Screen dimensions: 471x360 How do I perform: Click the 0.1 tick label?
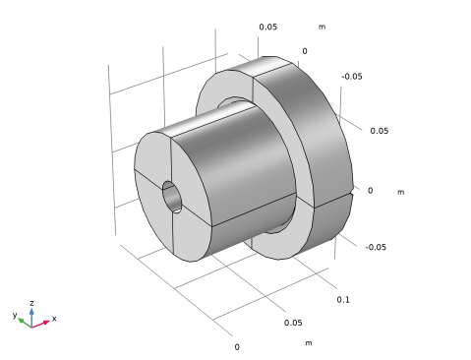[343, 300]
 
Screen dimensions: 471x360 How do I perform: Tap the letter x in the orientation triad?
[54, 319]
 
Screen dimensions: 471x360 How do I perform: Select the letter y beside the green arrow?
[15, 315]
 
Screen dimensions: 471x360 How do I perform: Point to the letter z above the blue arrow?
[31, 303]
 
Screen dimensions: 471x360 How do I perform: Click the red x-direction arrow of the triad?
[40, 324]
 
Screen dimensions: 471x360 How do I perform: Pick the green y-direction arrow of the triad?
[25, 323]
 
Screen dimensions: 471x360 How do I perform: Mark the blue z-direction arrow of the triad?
[31, 318]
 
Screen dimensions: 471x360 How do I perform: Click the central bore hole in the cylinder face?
[172, 197]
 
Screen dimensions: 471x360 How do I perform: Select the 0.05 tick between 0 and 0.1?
[293, 323]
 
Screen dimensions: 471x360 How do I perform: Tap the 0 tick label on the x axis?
[237, 347]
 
